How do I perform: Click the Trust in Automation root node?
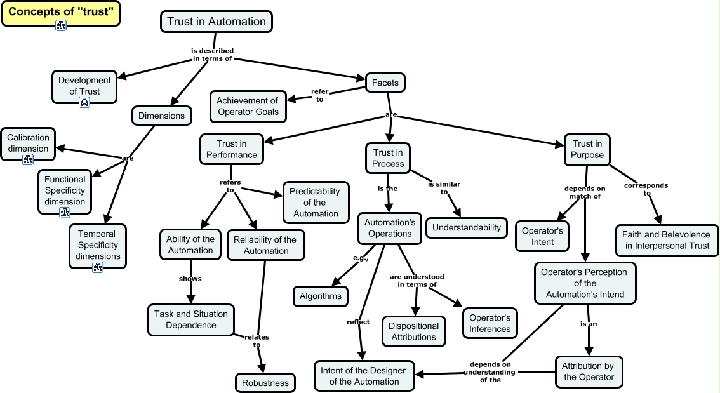216,22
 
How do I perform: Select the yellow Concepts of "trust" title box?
61,12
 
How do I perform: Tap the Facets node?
385,83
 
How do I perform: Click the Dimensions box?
161,116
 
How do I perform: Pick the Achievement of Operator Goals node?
247,106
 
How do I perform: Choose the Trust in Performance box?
232,149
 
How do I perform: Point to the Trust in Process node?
388,158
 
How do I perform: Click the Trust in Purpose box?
587,149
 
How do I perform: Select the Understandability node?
467,227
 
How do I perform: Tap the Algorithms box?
321,296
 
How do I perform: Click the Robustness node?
265,383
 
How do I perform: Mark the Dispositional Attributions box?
413,331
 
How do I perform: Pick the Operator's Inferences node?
490,323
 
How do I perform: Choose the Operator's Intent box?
542,236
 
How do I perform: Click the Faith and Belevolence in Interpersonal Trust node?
667,240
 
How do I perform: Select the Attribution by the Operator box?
589,371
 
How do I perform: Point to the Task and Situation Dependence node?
191,319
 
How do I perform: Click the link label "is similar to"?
444,188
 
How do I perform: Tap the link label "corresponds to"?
646,189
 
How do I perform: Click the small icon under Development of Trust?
84,102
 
